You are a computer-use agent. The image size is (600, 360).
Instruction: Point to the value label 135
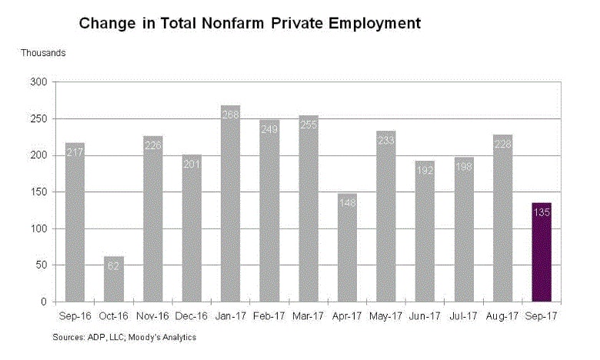point(542,210)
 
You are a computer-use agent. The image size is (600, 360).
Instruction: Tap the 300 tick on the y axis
point(39,82)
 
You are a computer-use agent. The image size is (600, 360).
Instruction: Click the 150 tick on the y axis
point(39,192)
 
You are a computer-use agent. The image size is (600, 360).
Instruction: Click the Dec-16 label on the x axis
point(192,315)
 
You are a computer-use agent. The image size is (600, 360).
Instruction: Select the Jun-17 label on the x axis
point(425,315)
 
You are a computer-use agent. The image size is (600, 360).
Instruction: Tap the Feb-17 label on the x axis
point(269,315)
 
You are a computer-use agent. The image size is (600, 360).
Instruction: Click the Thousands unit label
point(43,53)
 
